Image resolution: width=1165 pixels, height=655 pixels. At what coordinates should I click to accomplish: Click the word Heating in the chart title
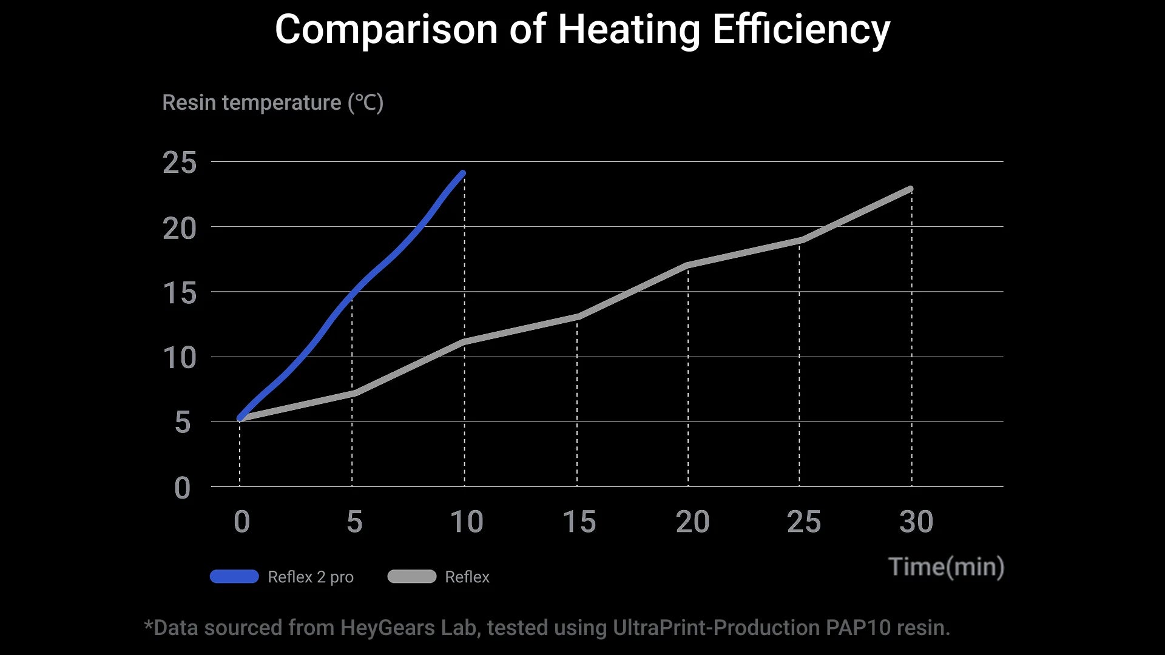tap(629, 30)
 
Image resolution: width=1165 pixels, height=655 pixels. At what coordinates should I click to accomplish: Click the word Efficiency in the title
tap(801, 30)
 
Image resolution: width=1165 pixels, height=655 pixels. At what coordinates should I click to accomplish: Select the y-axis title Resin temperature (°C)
tap(272, 103)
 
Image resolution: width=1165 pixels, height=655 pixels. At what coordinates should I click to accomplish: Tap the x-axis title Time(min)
tap(946, 567)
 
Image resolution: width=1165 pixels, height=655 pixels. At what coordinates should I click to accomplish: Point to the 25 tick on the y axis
tap(180, 163)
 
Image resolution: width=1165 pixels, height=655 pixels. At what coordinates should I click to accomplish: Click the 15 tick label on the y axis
tap(180, 294)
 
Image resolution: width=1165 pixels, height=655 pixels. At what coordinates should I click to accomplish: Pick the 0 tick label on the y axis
tap(182, 488)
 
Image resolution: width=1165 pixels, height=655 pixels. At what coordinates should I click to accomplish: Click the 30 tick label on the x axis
tap(916, 522)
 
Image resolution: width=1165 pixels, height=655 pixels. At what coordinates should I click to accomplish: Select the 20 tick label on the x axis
tap(692, 522)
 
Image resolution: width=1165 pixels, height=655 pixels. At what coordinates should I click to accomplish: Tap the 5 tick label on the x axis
tap(354, 522)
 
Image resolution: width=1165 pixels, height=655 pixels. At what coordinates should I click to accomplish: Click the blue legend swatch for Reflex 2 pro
tap(234, 576)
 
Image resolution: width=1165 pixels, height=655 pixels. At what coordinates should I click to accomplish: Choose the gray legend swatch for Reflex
tap(411, 576)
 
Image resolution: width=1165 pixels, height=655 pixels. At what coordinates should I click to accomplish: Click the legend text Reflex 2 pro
tap(310, 577)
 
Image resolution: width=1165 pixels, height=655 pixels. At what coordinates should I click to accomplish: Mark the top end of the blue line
tap(463, 174)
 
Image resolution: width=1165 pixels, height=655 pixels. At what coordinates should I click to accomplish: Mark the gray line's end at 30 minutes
tap(910, 189)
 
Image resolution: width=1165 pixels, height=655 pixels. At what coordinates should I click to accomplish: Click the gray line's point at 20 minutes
tap(687, 265)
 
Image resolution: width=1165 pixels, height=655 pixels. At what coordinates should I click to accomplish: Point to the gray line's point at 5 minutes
tap(353, 394)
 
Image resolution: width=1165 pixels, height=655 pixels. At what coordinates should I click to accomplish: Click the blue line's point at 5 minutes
tap(352, 293)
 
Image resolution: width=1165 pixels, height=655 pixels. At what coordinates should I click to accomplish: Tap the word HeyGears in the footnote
tap(387, 628)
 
